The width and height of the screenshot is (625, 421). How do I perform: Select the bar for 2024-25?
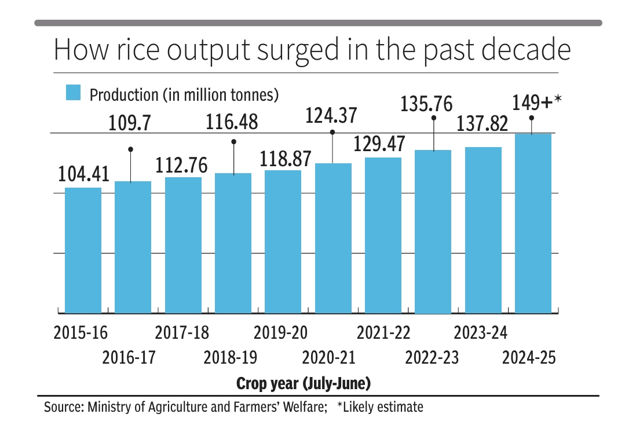533,224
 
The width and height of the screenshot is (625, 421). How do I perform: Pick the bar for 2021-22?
383,235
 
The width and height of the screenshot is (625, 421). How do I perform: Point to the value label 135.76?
427,105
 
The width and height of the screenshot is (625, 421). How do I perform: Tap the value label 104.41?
83,174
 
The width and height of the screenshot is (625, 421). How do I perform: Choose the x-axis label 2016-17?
129,358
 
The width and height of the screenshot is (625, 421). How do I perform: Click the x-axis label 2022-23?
432,358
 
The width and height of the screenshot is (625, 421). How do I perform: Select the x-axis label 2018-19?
231,358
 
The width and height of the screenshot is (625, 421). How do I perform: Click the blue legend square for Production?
73,93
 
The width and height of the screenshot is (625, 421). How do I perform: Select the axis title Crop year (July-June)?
304,383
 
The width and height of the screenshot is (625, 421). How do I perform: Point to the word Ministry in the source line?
109,407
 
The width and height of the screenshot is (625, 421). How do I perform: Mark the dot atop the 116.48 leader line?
233,141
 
